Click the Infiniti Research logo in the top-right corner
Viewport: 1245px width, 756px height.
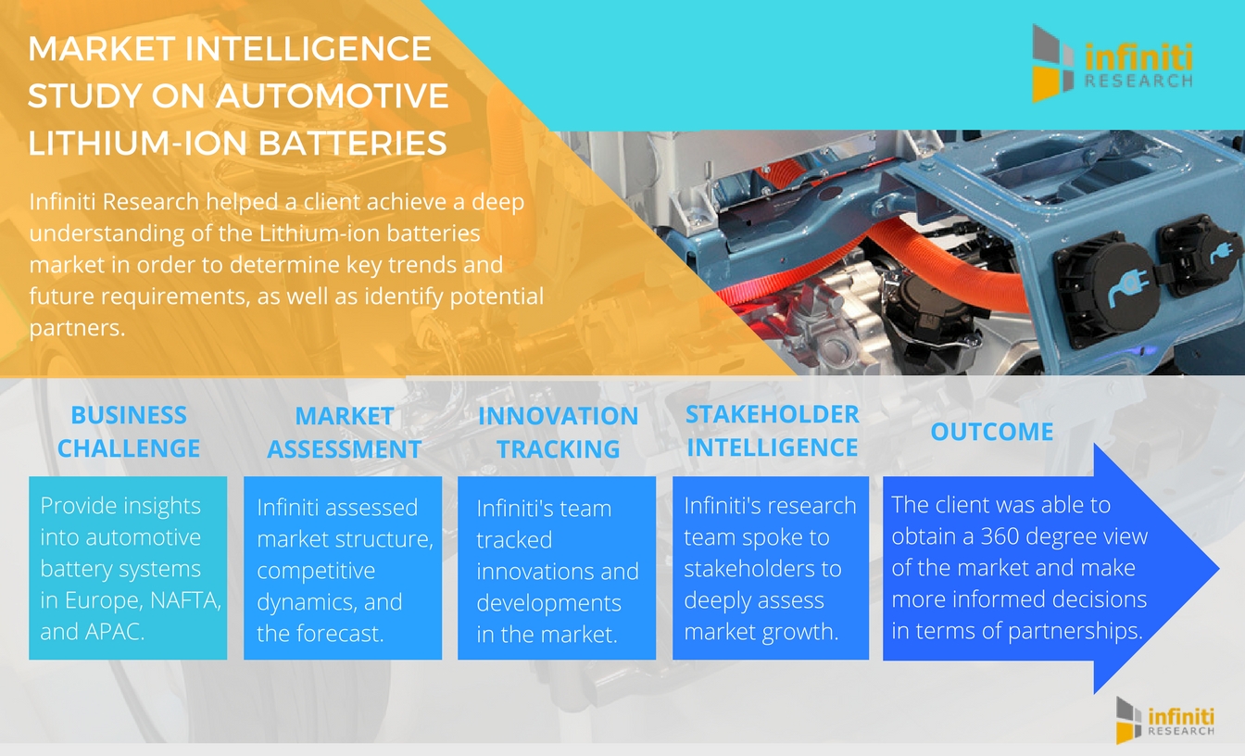pos(1113,63)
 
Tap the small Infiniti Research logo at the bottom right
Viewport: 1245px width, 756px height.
pos(1164,720)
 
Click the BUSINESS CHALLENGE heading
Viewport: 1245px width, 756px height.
pos(129,432)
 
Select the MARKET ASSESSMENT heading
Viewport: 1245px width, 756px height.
pos(344,433)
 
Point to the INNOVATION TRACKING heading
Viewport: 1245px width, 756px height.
pos(558,433)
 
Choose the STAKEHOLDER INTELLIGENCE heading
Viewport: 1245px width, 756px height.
pos(772,431)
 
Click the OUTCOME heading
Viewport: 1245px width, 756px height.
pos(992,432)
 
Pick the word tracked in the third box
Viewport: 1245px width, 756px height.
pos(514,540)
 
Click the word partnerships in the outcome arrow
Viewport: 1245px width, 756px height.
pos(1075,632)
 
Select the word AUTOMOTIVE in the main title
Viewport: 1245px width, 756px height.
pos(333,95)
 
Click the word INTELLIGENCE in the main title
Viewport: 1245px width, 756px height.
pos(308,48)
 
